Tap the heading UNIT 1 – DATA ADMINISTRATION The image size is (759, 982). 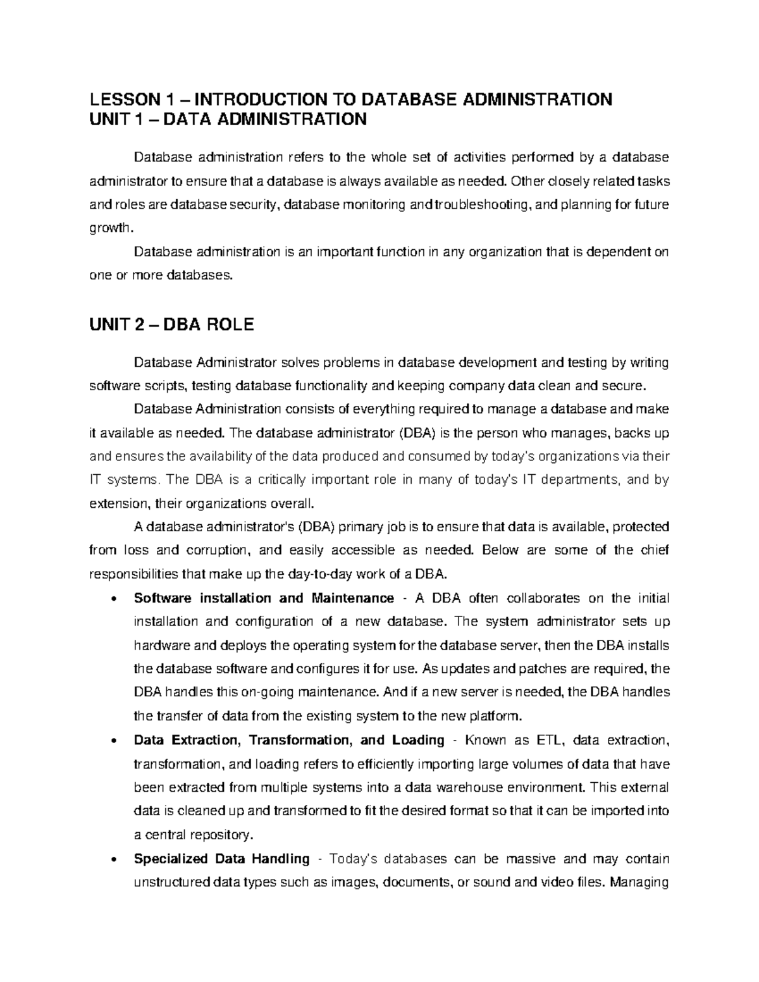tap(228, 120)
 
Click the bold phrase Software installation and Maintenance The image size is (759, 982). tap(264, 598)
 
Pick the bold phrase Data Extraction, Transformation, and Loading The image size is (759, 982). tap(289, 740)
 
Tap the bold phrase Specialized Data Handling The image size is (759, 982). tap(221, 859)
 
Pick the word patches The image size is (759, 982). tap(550, 669)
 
